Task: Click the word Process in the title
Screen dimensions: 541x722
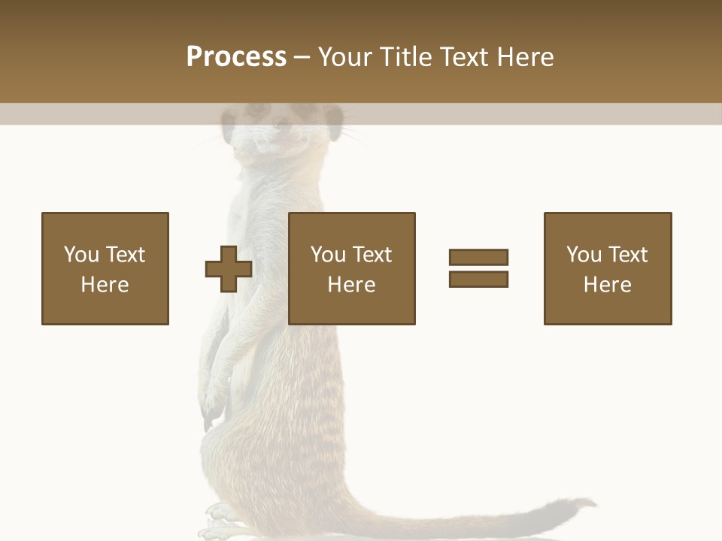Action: (x=236, y=57)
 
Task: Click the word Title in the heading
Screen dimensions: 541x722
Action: (x=407, y=57)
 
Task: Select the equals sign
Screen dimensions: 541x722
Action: (x=478, y=268)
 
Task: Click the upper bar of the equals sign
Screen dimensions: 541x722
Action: (x=478, y=257)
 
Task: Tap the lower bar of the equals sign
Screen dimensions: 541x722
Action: (x=478, y=279)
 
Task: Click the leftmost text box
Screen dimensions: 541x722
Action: (x=105, y=268)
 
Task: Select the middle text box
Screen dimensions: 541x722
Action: (x=352, y=268)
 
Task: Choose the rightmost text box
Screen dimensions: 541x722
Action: (x=608, y=268)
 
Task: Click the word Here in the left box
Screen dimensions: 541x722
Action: (x=105, y=285)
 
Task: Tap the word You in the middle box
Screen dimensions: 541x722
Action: (x=328, y=255)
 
